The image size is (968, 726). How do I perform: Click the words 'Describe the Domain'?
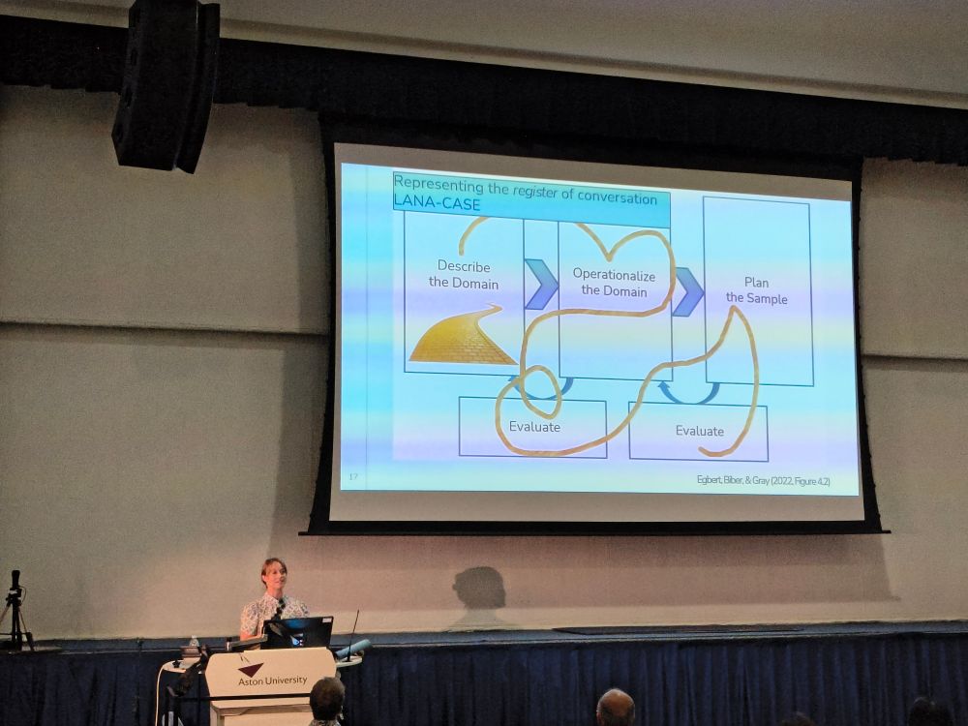464,275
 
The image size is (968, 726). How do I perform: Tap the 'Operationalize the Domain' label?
614,282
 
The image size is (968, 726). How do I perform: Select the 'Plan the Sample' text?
756,290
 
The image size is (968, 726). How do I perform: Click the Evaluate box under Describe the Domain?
532,427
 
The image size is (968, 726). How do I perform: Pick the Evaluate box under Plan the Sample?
698,432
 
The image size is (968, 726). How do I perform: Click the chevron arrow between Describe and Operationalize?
541,284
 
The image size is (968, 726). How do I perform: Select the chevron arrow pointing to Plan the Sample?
687,291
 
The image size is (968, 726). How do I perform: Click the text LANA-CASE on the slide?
437,202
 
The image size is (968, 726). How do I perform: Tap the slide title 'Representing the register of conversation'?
526,190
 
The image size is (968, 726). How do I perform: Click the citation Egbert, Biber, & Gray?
763,480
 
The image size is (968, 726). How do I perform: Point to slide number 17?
353,476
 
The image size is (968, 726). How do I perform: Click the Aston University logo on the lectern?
271,676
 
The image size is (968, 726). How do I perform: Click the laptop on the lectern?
297,632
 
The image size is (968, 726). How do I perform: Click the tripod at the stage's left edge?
15,611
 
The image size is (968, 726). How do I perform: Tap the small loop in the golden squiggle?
541,390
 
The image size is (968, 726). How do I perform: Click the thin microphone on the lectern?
353,636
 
